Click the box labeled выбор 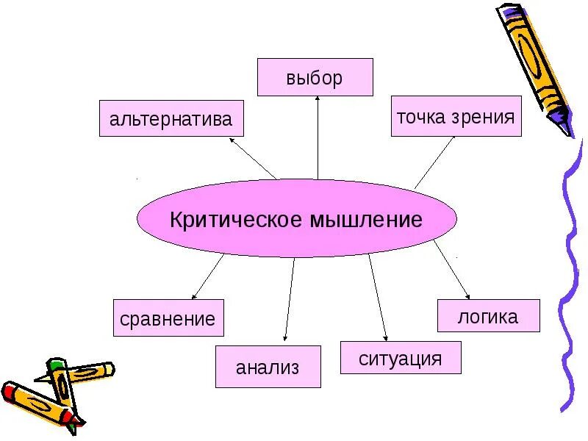(x=315, y=78)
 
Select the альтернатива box (x=171, y=118)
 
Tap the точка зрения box (x=456, y=116)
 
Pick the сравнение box (x=168, y=319)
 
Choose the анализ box (x=268, y=367)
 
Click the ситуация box (x=401, y=359)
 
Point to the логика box (x=488, y=316)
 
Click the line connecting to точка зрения (x=434, y=162)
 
